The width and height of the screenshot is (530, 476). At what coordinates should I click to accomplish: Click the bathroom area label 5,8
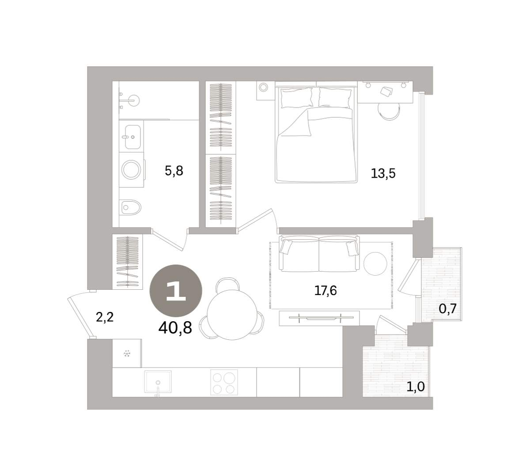coord(174,171)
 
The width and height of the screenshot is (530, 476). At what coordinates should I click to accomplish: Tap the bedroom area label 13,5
coord(383,173)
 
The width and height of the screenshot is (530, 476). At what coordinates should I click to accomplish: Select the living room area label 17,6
coord(325,291)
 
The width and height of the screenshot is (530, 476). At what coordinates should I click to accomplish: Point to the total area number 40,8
coord(175,328)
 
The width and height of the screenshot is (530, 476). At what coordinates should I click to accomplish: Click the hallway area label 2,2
coord(105,318)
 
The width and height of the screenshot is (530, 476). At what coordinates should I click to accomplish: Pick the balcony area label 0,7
coord(447,309)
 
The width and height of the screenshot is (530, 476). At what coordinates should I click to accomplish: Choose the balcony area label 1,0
coord(416,386)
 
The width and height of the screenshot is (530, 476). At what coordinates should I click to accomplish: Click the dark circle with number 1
coord(175,291)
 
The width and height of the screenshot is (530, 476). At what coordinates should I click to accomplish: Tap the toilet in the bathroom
coord(130,207)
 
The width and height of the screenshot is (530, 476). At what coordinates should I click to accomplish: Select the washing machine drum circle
coord(131,169)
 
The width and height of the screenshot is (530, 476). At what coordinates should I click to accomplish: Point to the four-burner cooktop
coord(224,382)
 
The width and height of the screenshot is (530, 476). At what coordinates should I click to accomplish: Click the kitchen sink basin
coord(158,381)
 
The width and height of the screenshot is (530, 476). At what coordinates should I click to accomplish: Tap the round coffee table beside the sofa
coord(375,263)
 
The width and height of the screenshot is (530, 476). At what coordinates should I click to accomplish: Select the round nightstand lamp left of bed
coord(263,87)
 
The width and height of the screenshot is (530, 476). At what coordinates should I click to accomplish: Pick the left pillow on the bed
coord(296,97)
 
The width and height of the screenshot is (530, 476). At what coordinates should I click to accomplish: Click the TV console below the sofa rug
coord(319,318)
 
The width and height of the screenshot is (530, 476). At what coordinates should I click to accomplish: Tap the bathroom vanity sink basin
coord(132,137)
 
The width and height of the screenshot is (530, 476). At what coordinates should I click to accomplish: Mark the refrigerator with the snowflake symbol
coord(127,353)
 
